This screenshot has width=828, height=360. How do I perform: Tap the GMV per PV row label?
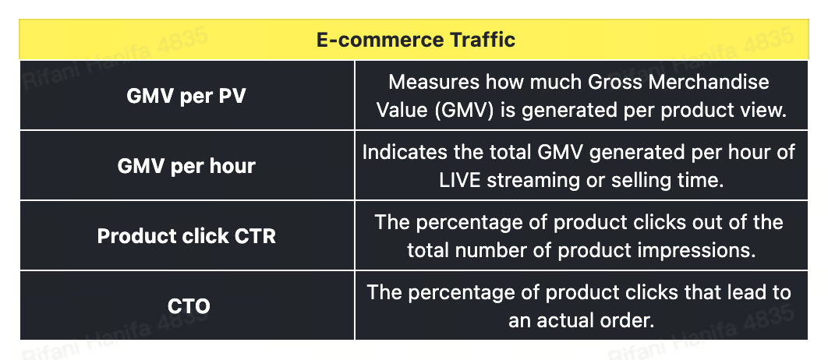pos(186,97)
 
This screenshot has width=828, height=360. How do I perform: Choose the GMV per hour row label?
pos(186,166)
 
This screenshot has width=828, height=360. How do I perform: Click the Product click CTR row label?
pos(186,236)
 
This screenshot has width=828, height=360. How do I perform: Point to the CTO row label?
pos(189,306)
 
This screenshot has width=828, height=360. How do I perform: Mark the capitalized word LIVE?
pos(460,180)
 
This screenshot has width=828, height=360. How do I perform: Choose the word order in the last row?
pos(629,320)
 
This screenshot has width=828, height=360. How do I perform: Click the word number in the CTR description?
pos(494,250)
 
